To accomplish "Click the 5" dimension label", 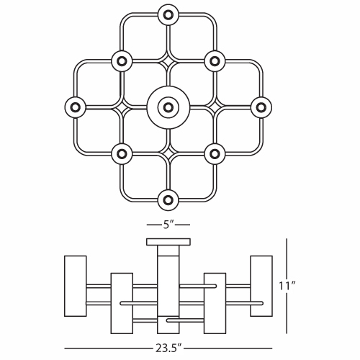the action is click(x=168, y=225).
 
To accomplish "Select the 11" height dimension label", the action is click(x=287, y=286).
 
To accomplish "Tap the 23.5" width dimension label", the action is click(x=168, y=348).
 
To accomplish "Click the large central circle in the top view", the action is click(x=168, y=107).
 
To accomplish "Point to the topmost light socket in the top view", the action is click(x=168, y=15).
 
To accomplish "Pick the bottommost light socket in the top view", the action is click(x=168, y=200).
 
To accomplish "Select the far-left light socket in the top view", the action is click(x=75, y=107).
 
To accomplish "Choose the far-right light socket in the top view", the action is click(x=261, y=107).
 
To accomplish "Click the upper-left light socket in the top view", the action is click(x=122, y=61).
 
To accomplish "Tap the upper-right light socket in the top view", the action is click(x=215, y=61).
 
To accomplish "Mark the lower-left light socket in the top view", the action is click(x=122, y=154).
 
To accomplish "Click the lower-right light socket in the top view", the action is click(x=215, y=154).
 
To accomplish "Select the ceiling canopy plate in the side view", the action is click(x=168, y=242).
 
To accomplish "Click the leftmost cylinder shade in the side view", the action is click(x=76, y=286).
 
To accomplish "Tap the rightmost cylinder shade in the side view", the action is click(x=261, y=286).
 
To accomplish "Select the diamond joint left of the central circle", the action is click(x=122, y=107).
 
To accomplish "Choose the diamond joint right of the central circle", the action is click(x=215, y=107).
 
